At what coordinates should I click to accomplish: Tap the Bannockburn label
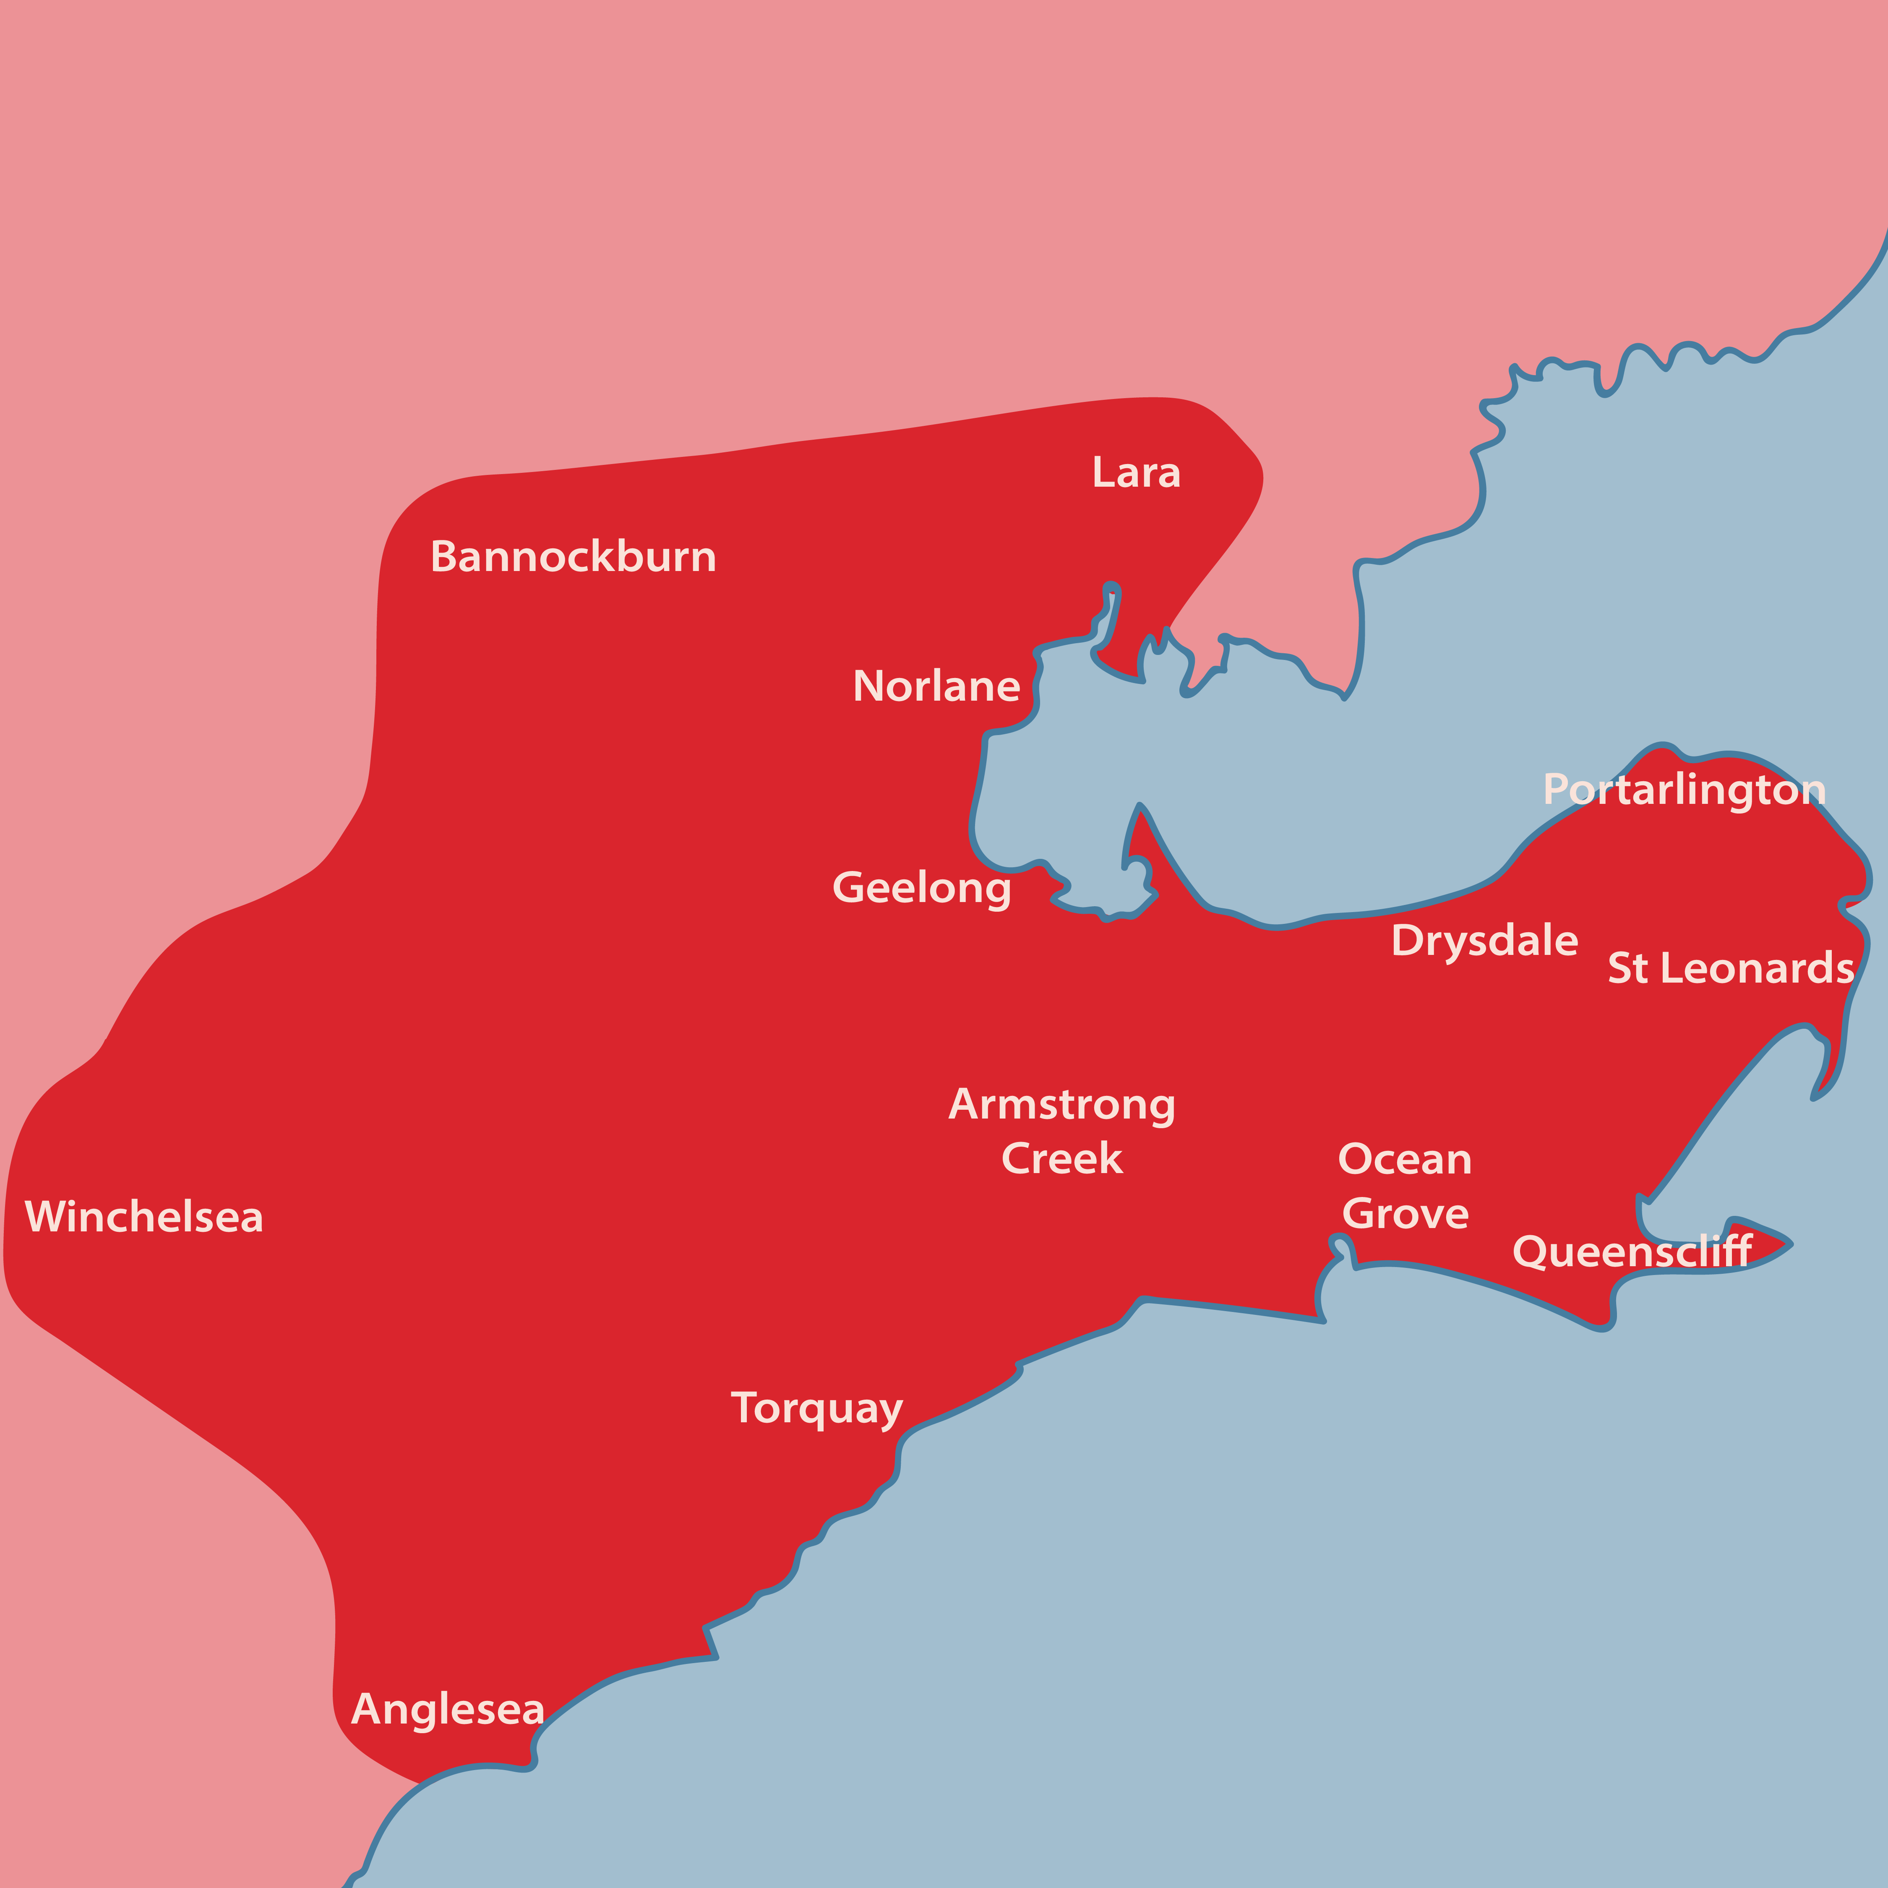click(x=574, y=557)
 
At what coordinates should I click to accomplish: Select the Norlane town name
click(x=936, y=686)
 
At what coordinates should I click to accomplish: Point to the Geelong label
click(x=921, y=887)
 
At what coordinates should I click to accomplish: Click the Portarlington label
click(x=1684, y=790)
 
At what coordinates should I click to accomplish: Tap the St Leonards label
click(x=1731, y=968)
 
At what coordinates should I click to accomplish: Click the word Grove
click(x=1405, y=1214)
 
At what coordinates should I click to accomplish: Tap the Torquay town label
click(x=817, y=1408)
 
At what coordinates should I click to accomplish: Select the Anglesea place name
click(x=448, y=1709)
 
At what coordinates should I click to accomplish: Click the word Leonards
click(x=1757, y=968)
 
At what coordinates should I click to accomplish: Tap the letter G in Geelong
click(x=848, y=887)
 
